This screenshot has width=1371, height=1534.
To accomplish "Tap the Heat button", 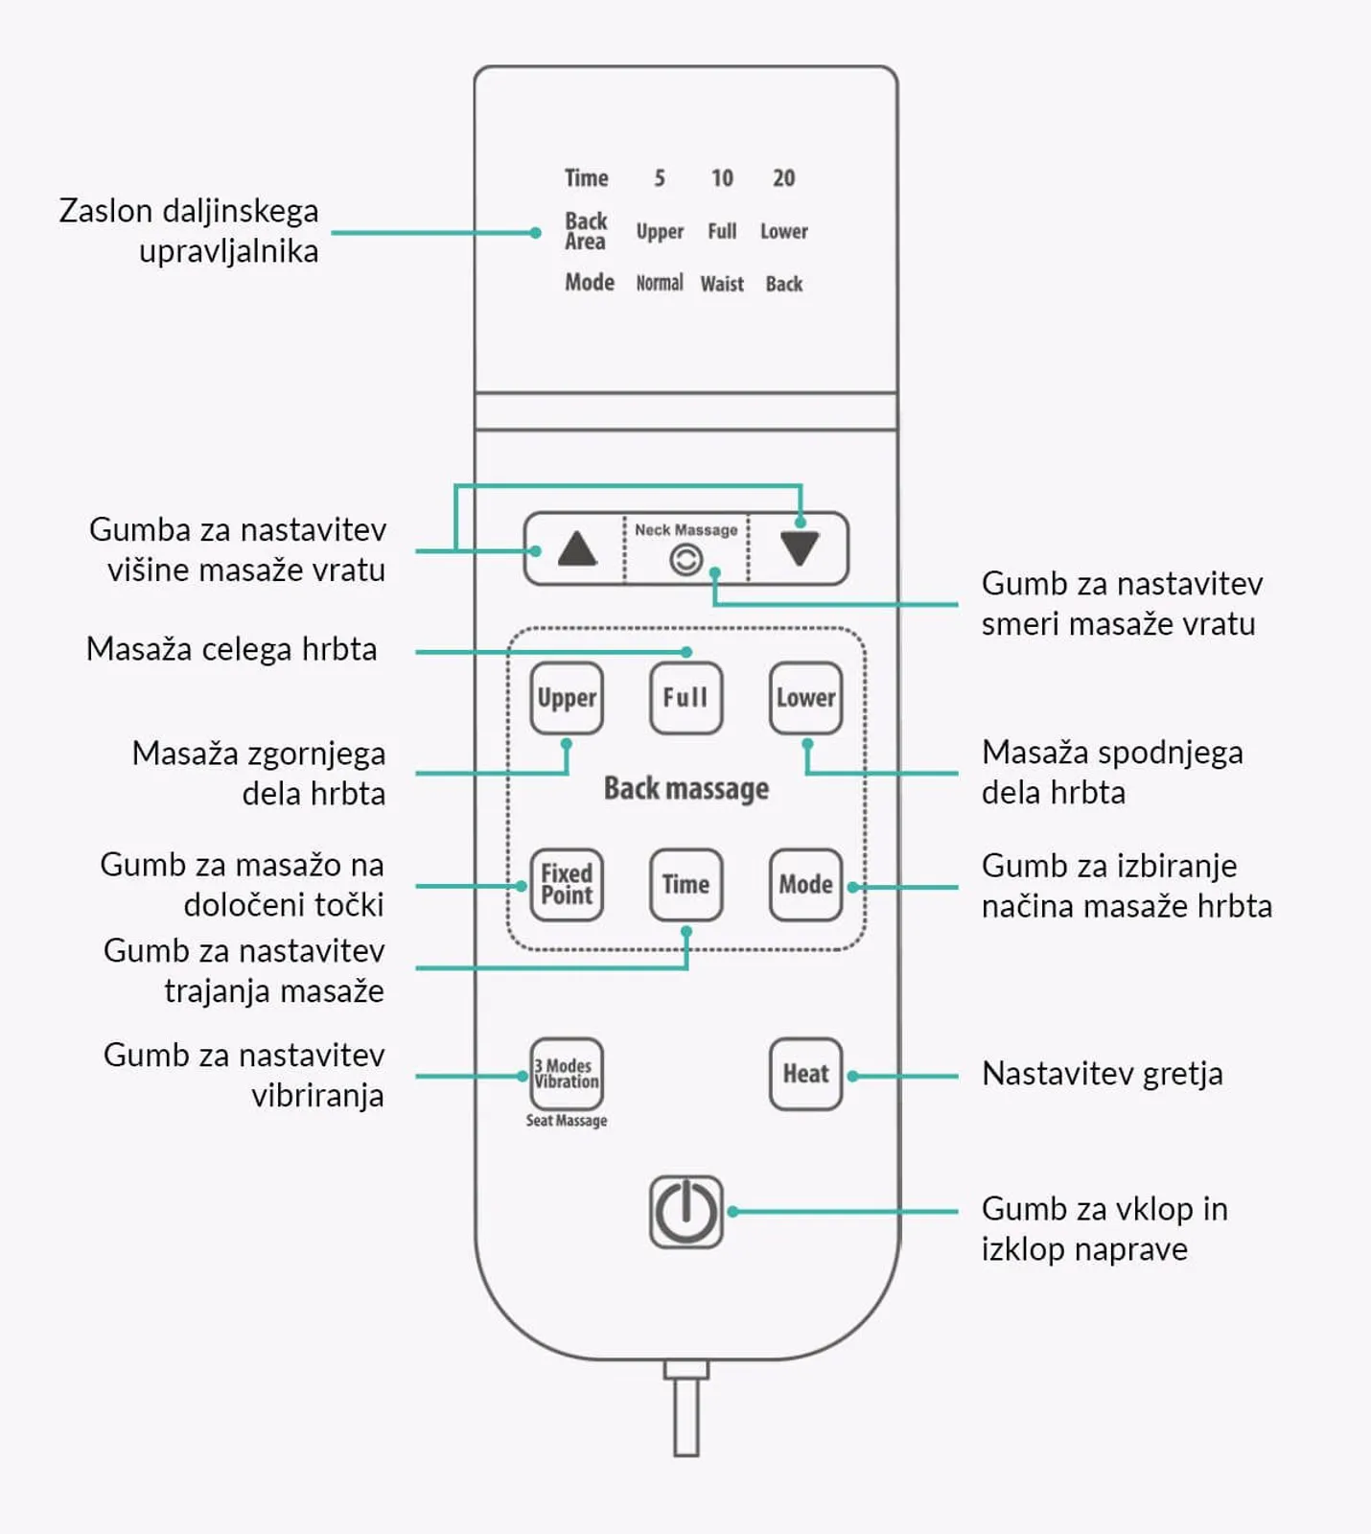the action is [805, 1074].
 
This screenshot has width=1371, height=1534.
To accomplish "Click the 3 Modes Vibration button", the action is [567, 1074].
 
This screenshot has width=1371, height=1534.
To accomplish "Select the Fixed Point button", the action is [567, 885].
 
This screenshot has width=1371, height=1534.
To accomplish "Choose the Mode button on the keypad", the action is [805, 885].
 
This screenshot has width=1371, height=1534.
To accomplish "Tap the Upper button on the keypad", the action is [567, 698].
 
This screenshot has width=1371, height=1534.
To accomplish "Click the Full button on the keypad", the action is [685, 698].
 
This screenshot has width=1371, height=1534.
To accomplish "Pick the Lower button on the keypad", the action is [805, 698].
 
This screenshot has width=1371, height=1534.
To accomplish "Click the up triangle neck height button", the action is [577, 548].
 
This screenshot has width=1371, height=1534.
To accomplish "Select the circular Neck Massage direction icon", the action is [685, 559].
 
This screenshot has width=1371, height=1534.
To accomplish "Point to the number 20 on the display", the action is [783, 178].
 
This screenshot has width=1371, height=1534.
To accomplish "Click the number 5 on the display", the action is [660, 178].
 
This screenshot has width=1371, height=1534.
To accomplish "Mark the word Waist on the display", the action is [722, 284].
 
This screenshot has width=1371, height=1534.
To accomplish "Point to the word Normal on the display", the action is [660, 283].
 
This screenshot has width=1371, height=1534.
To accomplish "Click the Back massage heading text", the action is [686, 788].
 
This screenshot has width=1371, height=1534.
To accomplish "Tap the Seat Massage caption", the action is [567, 1120].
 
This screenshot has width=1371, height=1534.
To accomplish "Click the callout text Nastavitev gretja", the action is [1103, 1074].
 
